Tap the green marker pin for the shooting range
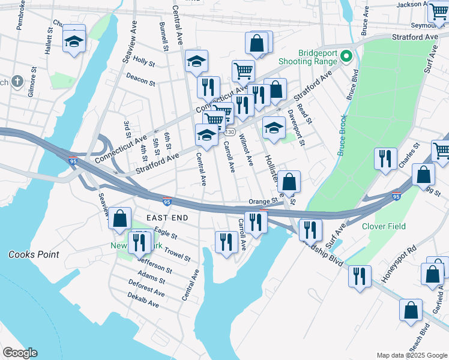[x=346, y=57]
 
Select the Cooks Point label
[x=34, y=254]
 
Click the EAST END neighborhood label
[x=166, y=217]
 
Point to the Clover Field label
[x=384, y=226]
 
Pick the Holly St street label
[x=144, y=61]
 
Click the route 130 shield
[x=230, y=131]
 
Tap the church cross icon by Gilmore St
[x=17, y=81]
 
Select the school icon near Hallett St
[x=74, y=40]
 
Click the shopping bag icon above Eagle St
[x=120, y=219]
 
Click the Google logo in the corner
[x=20, y=353]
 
